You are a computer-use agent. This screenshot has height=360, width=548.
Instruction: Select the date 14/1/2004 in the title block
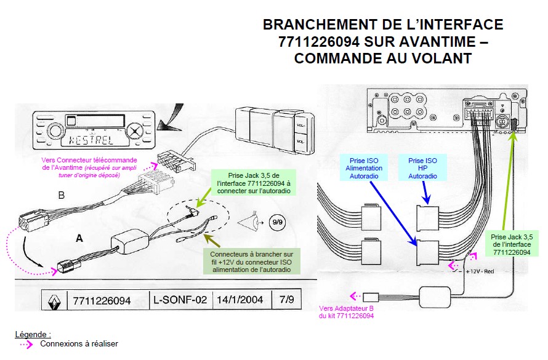click(x=240, y=300)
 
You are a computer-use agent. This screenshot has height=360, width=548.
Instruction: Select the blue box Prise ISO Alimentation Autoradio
click(x=364, y=167)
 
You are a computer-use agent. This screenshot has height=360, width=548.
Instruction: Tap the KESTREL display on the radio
click(x=89, y=138)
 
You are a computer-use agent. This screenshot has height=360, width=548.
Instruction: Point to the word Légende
click(x=32, y=334)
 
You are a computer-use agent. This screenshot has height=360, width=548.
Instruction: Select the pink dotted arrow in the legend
click(x=26, y=344)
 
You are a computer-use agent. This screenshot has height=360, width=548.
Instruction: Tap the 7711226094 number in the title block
click(x=102, y=300)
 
